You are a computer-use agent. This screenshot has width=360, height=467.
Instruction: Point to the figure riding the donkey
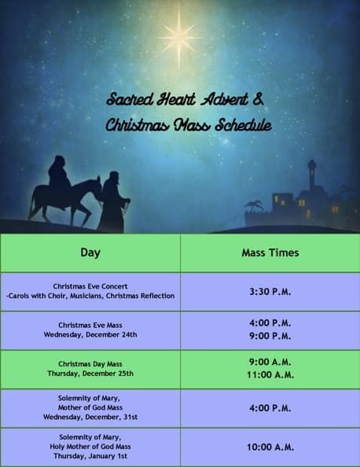[58, 174]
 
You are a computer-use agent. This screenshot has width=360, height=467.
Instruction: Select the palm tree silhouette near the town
[254, 205]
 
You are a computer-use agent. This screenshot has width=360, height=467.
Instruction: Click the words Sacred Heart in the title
[152, 100]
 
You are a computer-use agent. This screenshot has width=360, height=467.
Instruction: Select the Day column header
[90, 253]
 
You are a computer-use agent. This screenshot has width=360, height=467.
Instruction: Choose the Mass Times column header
[270, 253]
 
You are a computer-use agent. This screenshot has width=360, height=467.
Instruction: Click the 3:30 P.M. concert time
[270, 292]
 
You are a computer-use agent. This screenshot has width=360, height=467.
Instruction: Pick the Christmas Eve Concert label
[90, 286]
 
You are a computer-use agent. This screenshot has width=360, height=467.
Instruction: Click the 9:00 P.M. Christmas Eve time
[270, 336]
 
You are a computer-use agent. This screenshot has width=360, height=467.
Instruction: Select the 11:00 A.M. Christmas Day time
[270, 375]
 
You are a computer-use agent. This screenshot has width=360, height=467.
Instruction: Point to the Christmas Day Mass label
[90, 364]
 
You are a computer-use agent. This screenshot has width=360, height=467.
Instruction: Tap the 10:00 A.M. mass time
[270, 447]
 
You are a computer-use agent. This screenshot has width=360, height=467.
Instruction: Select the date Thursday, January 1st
[90, 456]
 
